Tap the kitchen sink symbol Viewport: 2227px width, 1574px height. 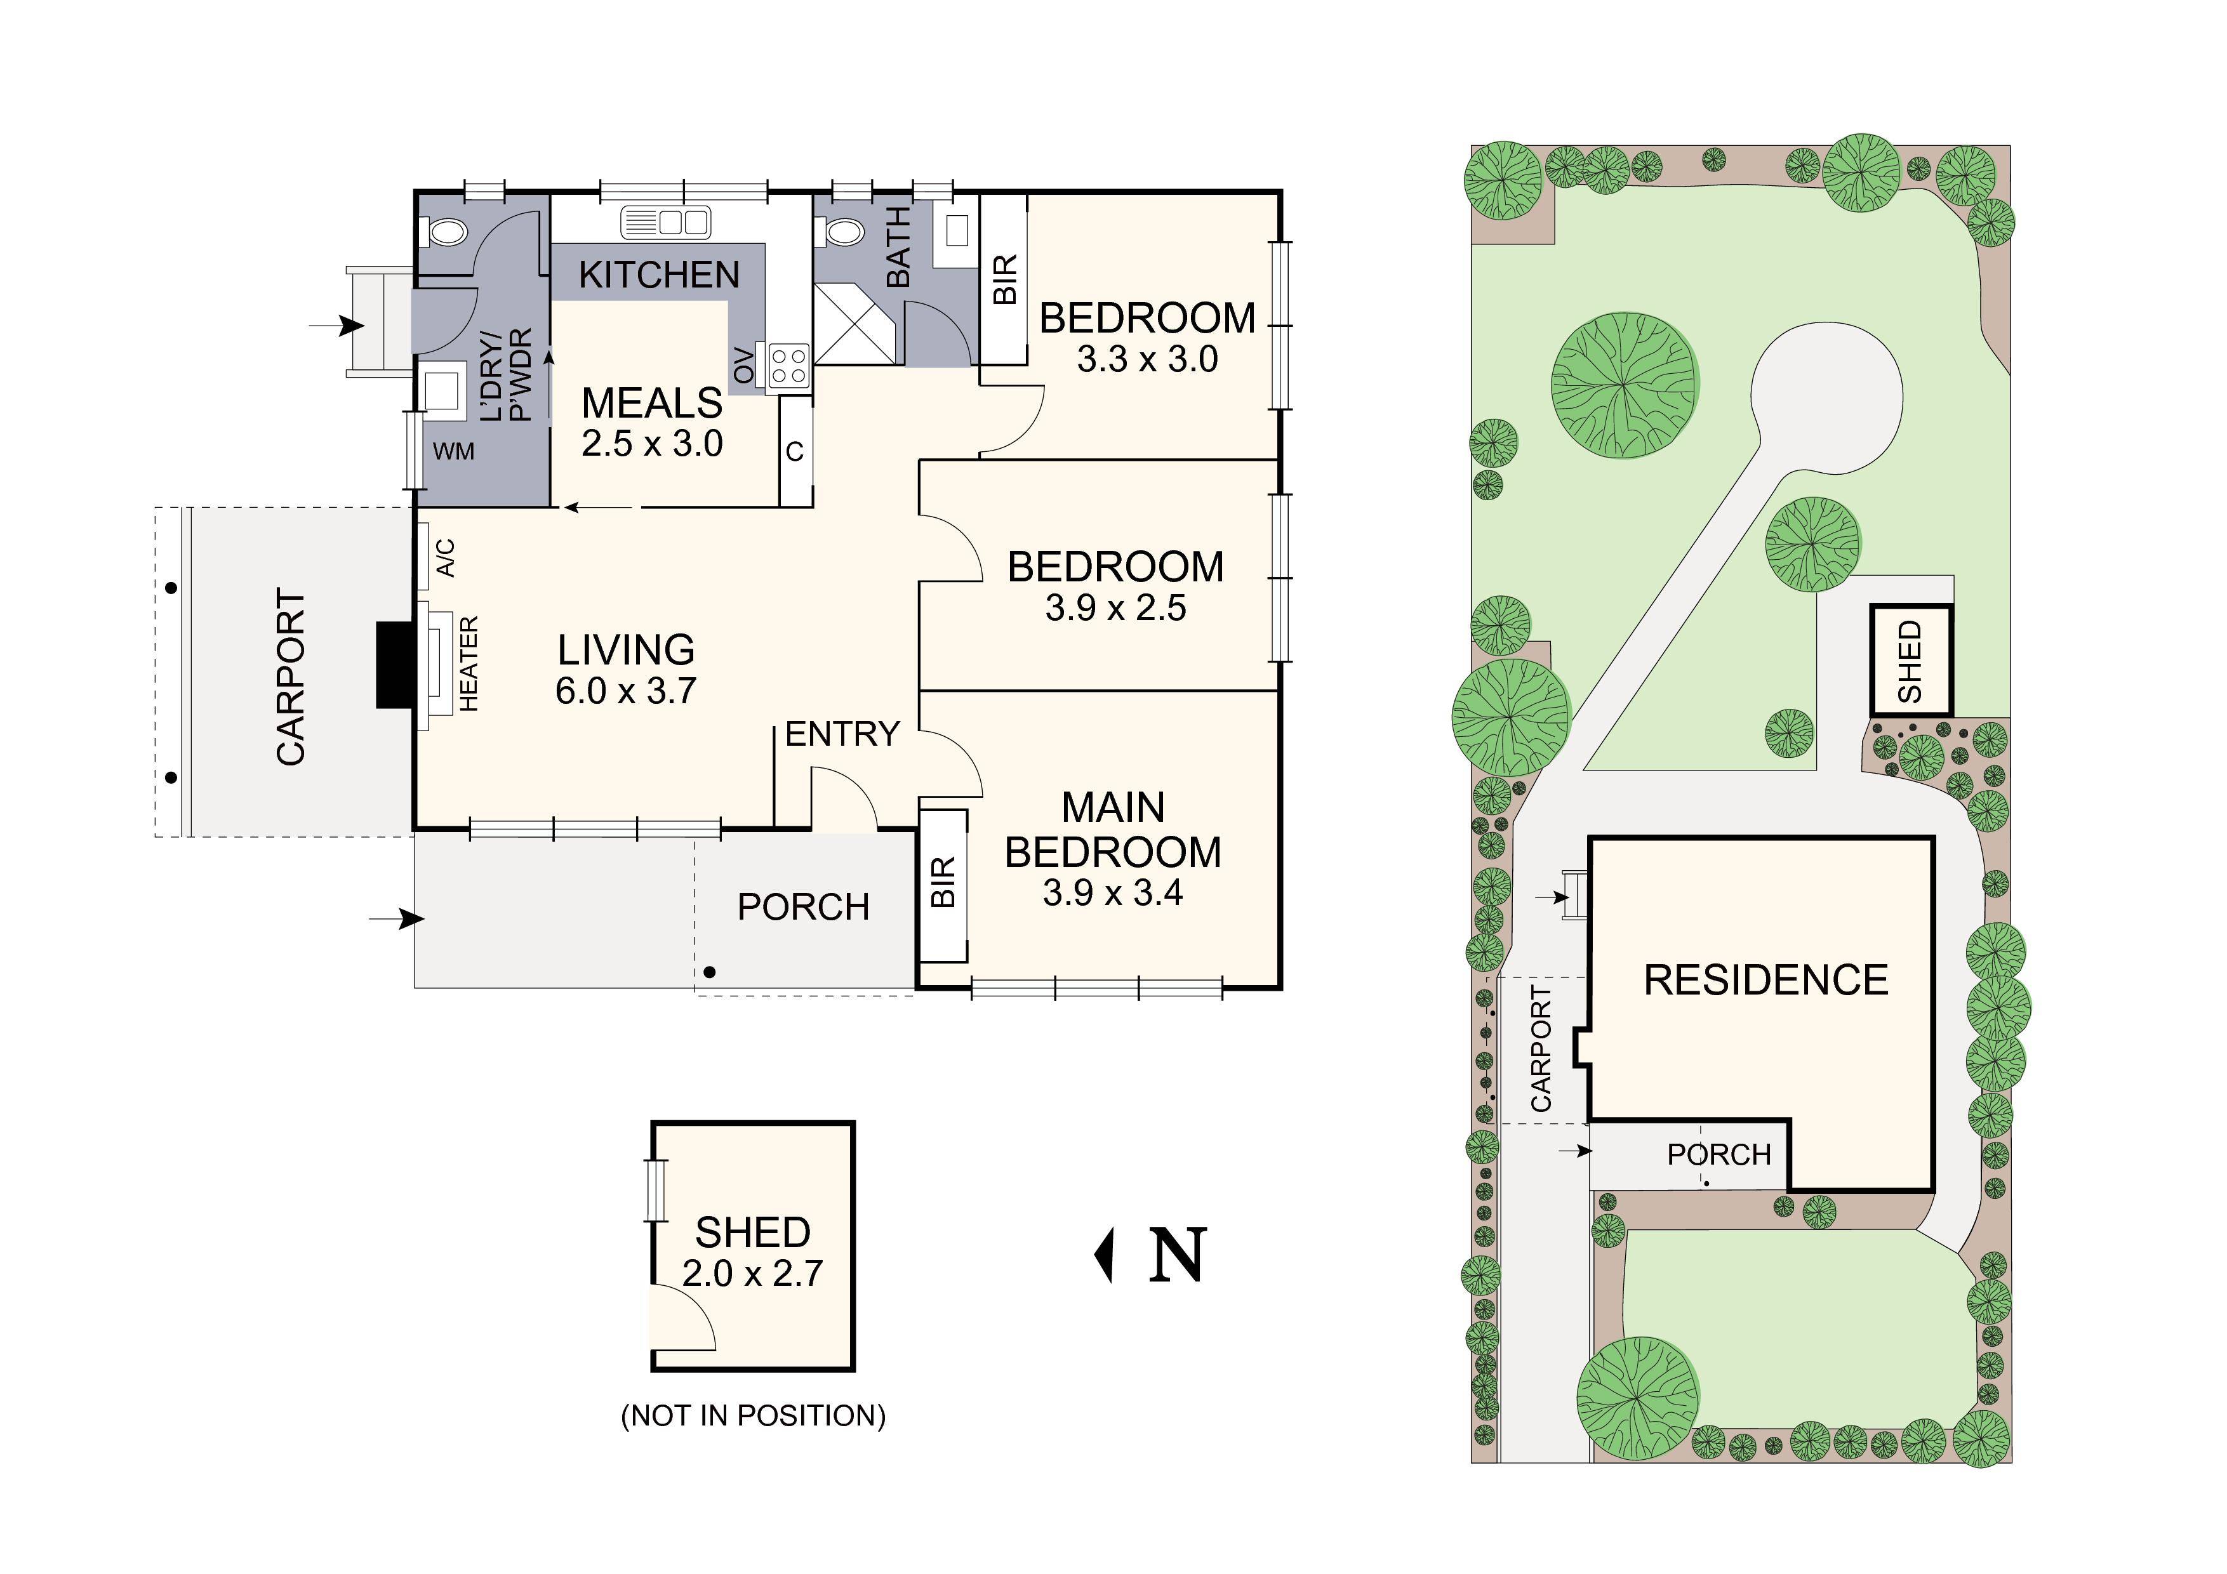(x=665, y=222)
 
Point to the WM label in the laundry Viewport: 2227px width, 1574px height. (x=453, y=451)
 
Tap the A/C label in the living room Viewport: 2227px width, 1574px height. (x=445, y=558)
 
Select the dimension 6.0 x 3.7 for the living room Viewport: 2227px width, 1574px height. (x=625, y=691)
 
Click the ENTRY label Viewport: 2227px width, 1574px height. (x=842, y=735)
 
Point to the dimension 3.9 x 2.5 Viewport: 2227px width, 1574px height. (x=1115, y=608)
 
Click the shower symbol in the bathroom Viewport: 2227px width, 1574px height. (x=854, y=323)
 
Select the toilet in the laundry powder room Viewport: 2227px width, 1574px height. (x=444, y=233)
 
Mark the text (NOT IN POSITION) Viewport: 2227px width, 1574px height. (x=753, y=1416)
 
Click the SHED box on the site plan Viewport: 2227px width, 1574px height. (x=1910, y=661)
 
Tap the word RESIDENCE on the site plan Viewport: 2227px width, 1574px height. (x=1765, y=981)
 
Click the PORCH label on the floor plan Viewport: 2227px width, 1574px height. (x=803, y=908)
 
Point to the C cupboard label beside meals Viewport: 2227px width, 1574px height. (x=794, y=452)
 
